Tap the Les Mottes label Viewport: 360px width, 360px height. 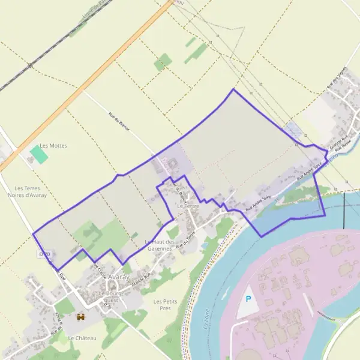(x=53, y=146)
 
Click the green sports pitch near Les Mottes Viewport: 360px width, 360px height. (x=39, y=155)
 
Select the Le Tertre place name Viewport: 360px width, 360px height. (x=188, y=206)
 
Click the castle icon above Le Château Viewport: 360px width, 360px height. (x=80, y=317)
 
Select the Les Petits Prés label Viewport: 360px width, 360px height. (x=166, y=304)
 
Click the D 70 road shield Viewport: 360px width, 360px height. (x=44, y=254)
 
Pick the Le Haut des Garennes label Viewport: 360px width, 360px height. (x=160, y=245)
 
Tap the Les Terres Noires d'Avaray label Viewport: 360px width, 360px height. (x=26, y=191)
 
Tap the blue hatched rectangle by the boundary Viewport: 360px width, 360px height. (x=293, y=129)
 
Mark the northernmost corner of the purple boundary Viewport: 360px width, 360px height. (x=233, y=89)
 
